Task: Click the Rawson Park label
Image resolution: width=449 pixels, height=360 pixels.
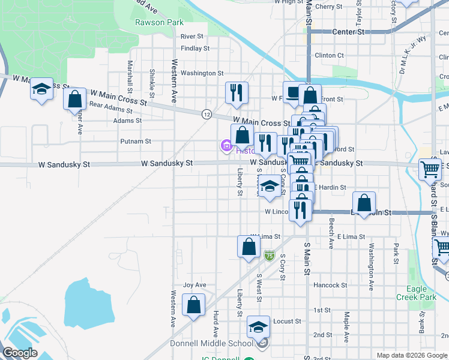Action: coord(150,23)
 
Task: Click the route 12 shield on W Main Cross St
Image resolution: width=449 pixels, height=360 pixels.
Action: coord(206,113)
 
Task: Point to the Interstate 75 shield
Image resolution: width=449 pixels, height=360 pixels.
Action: coord(270,256)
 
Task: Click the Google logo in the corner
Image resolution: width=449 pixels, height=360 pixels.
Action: coord(20,353)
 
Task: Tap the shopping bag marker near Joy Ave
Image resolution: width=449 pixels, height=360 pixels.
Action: coord(193,305)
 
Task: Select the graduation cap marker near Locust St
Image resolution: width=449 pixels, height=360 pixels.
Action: coord(258,327)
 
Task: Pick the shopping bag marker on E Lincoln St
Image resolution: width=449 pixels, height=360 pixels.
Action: coord(364,203)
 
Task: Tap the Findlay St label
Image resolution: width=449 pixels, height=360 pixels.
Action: coord(194,48)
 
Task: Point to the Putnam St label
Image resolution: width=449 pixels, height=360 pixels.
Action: coord(136,142)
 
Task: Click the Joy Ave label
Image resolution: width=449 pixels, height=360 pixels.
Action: coord(194,285)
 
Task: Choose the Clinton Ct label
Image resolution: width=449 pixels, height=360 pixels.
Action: coord(329,55)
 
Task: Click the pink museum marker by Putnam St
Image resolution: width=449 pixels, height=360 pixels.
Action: coord(226,145)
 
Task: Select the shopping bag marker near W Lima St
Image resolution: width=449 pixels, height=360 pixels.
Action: coord(249,246)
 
